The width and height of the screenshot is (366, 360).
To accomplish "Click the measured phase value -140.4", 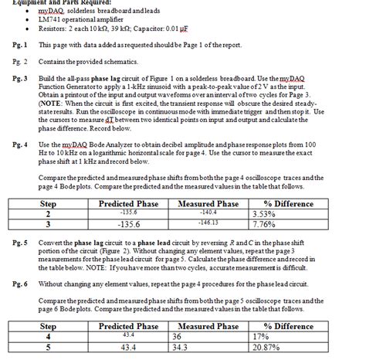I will [208, 212].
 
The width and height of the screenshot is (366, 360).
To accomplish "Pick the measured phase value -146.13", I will [208, 222].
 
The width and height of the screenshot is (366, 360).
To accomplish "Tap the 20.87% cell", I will [266, 349].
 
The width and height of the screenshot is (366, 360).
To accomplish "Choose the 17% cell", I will [260, 338].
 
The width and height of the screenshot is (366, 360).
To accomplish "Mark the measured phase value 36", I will [178, 338].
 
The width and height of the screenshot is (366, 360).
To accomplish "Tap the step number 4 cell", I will [47, 338].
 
